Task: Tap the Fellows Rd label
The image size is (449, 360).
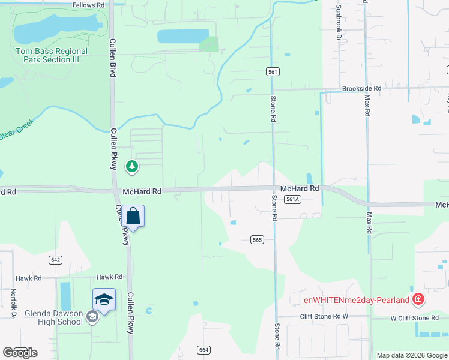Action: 88,5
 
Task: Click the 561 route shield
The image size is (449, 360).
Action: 273,72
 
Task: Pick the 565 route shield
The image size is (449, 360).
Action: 258,240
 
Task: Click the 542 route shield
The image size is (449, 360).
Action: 55,260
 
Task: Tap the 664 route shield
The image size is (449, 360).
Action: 203,350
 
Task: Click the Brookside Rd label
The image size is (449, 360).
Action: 361,88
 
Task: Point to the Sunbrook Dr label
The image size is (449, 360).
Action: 339,23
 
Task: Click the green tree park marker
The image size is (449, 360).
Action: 132,166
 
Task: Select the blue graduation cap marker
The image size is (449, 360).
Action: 104,299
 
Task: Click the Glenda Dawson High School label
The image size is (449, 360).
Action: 53,317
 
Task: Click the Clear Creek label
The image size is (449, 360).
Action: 17,131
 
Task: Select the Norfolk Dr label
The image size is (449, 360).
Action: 13,303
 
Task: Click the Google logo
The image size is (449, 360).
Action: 20,352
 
